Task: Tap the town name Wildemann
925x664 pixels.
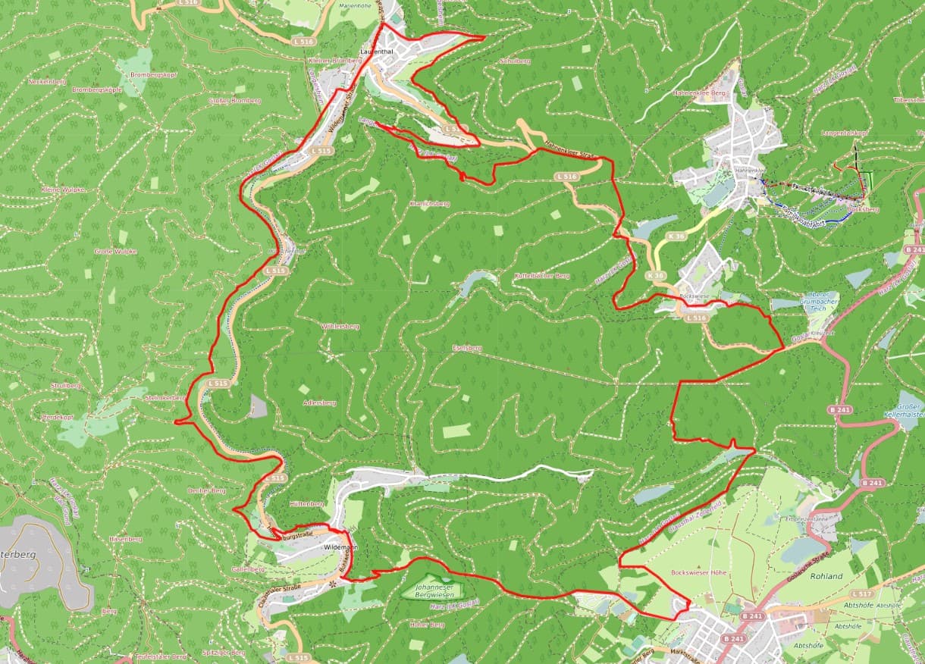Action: (340, 547)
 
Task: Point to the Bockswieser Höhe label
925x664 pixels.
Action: (698, 572)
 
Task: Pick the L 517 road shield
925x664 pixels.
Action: (861, 594)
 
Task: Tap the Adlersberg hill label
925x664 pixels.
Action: (318, 402)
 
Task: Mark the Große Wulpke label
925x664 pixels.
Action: (115, 251)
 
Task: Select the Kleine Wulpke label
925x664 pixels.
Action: (63, 189)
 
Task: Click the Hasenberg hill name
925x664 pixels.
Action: (125, 539)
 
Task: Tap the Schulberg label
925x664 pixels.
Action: (515, 60)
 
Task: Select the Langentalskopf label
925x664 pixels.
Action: (844, 133)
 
